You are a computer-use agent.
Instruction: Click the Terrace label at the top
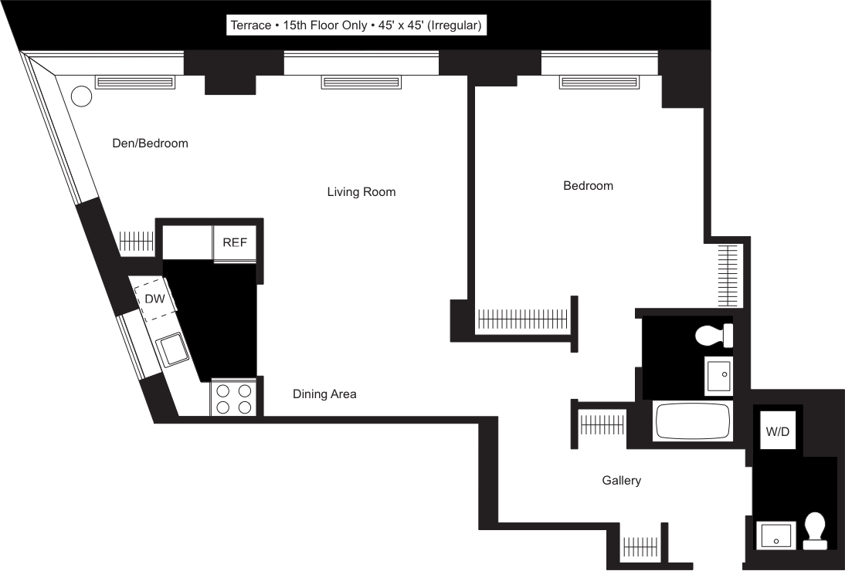(x=356, y=25)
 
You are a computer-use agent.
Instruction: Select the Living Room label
(x=361, y=191)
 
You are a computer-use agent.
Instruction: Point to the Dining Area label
(x=324, y=394)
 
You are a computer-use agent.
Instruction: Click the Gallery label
(x=622, y=481)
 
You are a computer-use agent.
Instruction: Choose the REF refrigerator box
(x=235, y=242)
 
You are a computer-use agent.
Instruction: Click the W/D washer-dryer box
(x=778, y=431)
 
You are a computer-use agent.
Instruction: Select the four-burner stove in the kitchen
(x=233, y=399)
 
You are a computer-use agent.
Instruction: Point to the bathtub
(x=692, y=421)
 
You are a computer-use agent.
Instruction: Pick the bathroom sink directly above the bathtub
(x=718, y=377)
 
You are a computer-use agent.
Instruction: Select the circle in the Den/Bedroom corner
(x=80, y=96)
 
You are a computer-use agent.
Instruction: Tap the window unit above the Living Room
(x=361, y=82)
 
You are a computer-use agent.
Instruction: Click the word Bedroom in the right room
(x=588, y=185)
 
